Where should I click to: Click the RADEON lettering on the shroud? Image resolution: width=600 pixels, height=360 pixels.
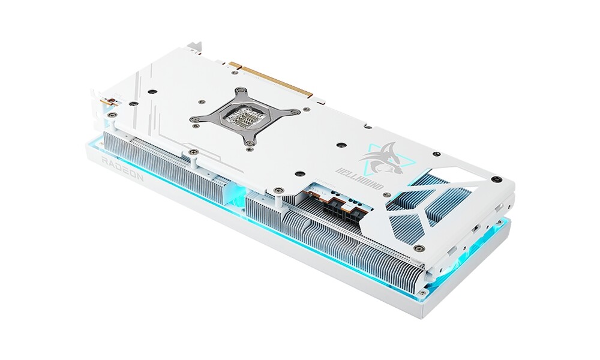pos(122,167)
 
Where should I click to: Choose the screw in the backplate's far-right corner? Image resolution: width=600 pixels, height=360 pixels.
pos(496,179)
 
